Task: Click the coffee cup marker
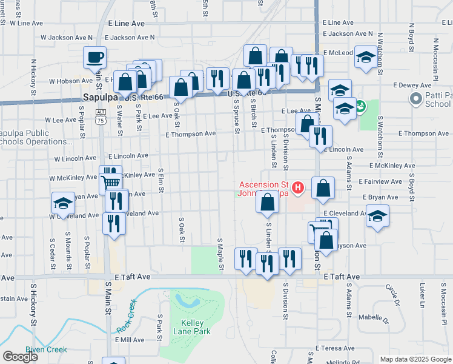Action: (x=95, y=58)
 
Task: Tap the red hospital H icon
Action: (x=297, y=188)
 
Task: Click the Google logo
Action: (x=20, y=357)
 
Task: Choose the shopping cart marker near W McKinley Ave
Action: (x=111, y=180)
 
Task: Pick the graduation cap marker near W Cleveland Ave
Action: (x=63, y=203)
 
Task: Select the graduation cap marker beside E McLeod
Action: (x=366, y=57)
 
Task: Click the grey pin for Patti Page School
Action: (x=416, y=98)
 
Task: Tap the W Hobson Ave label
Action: (x=70, y=81)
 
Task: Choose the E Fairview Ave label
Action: (x=380, y=181)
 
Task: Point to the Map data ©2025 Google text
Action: (x=415, y=359)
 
